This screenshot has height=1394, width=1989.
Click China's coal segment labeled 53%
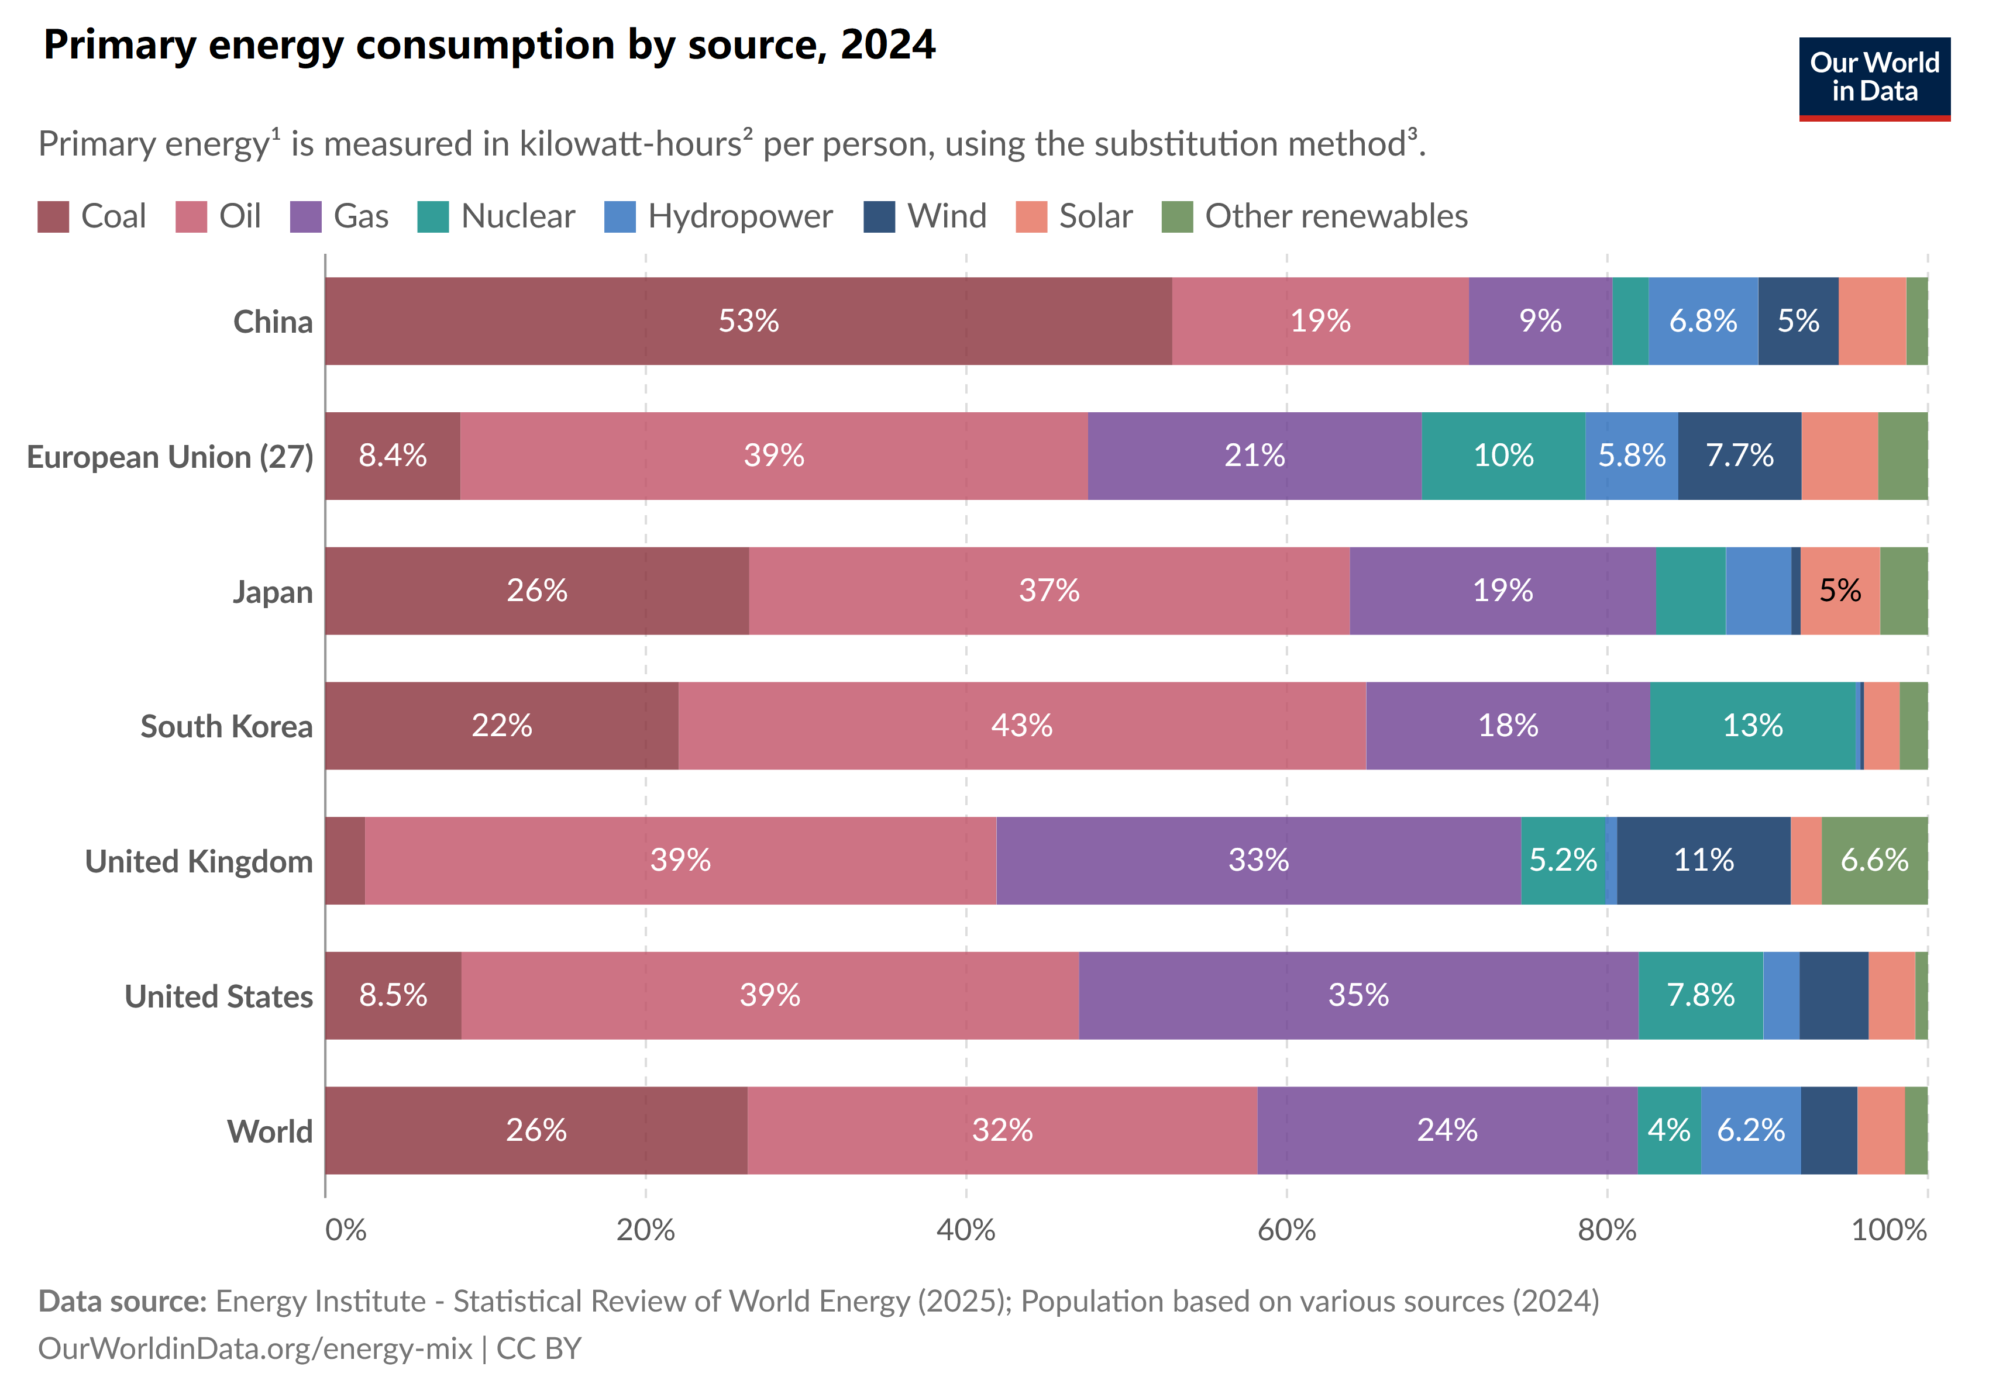748,321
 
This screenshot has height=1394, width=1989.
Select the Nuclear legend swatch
433,216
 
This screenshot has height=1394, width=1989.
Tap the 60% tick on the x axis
1286,1230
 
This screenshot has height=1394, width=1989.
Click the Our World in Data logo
1874,78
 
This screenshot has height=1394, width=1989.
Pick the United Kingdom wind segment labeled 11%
1703,861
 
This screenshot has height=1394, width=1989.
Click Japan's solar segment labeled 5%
1840,591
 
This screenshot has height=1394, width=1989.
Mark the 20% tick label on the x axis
645,1230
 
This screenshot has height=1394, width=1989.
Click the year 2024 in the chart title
888,45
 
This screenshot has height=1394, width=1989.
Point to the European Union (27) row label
170,456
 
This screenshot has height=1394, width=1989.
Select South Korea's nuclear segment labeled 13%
1753,726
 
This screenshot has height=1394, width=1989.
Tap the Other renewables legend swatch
1176,216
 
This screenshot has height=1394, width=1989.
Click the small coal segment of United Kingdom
345,861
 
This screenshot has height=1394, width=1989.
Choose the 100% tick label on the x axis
1888,1230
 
